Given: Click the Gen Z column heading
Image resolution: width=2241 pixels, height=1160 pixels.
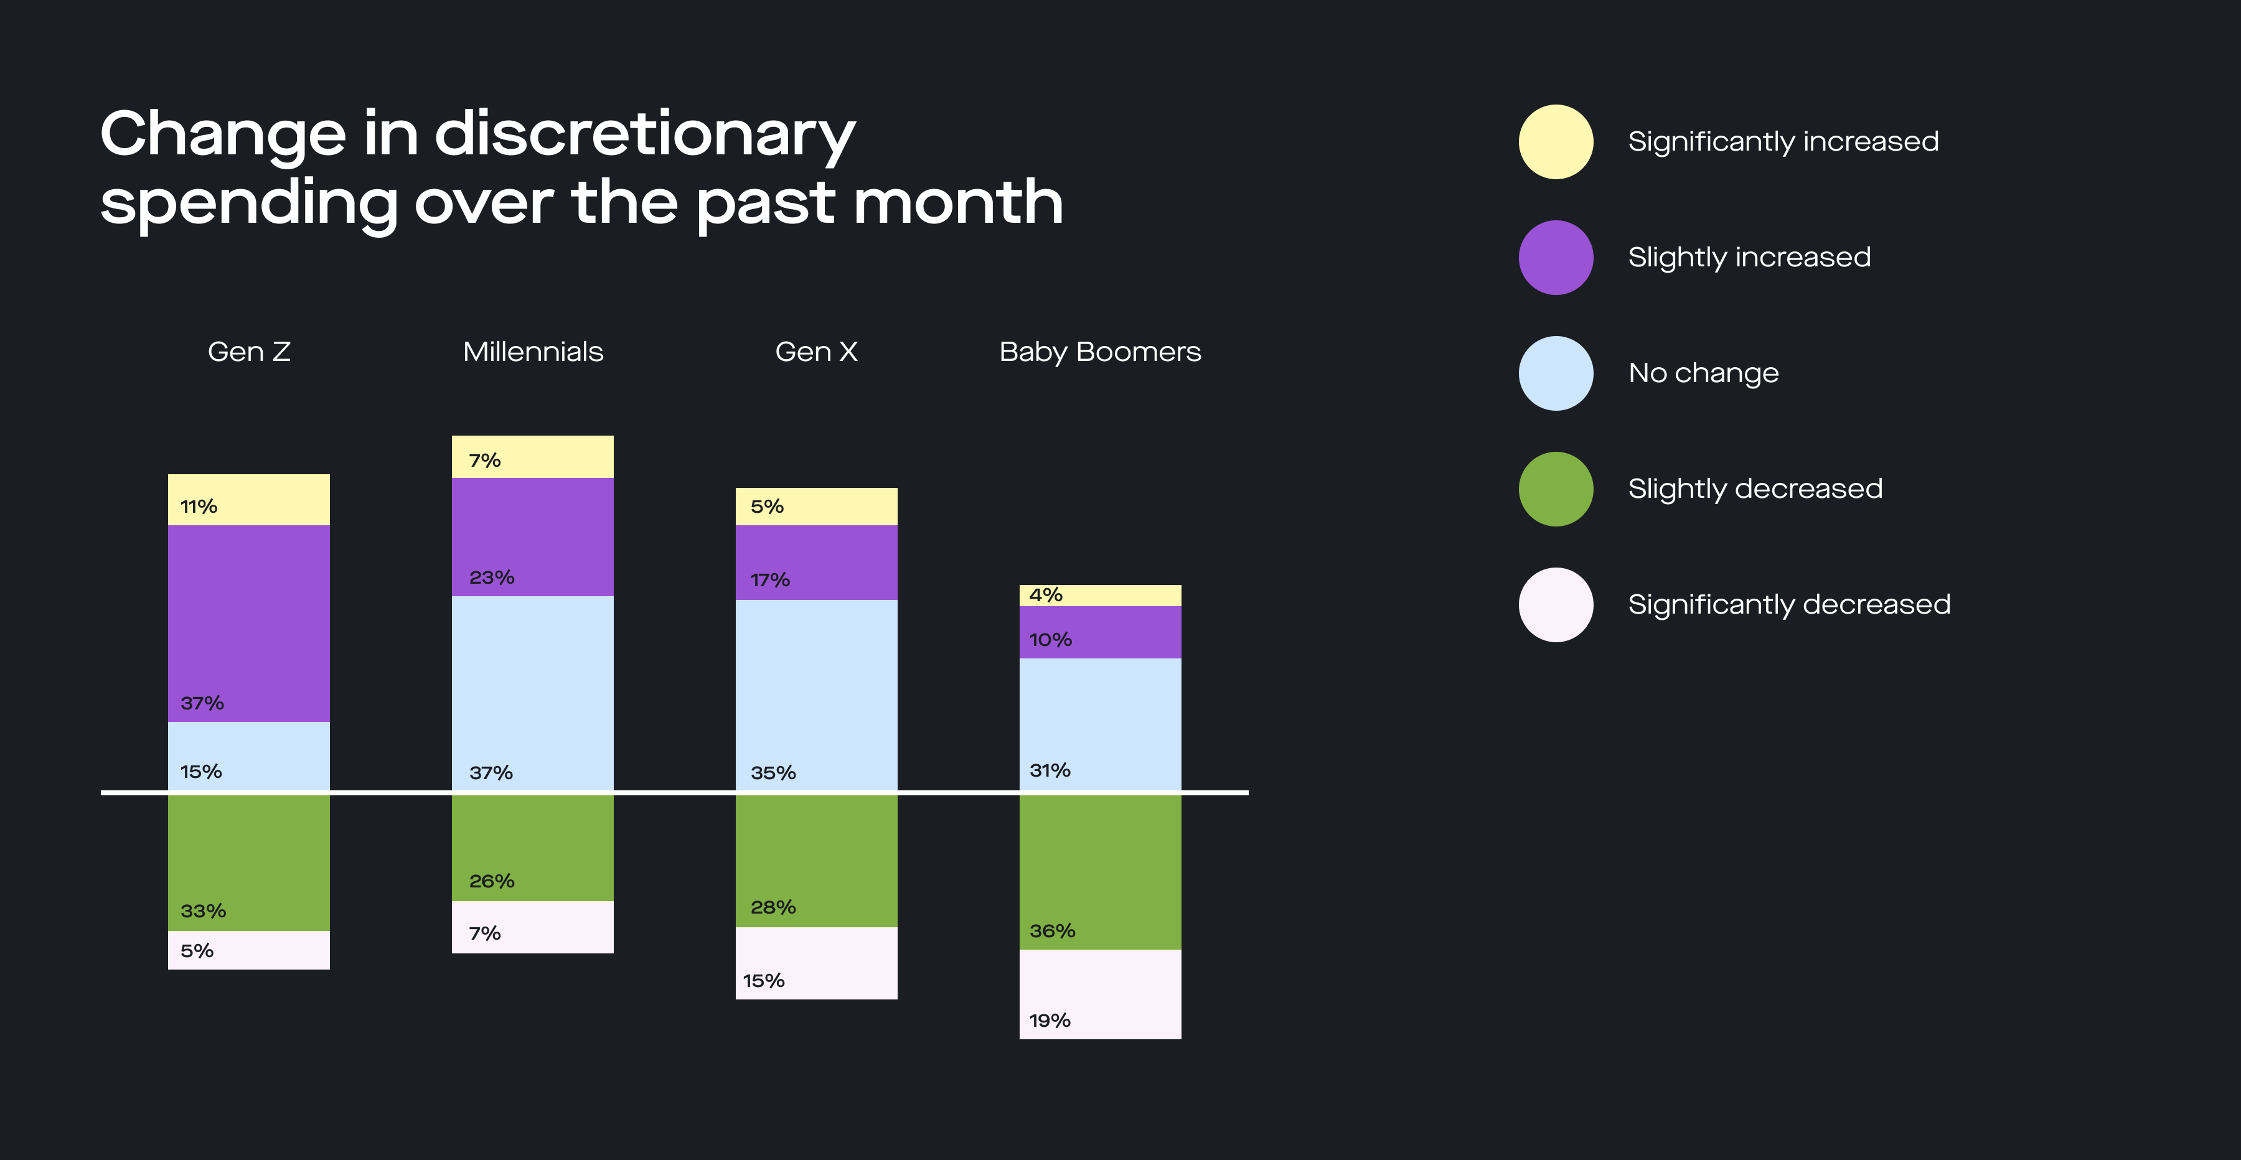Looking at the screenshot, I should point(249,352).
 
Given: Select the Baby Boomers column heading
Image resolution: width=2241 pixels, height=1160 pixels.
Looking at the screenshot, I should point(1099,352).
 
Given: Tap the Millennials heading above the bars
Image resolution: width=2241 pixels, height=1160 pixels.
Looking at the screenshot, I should point(532,352).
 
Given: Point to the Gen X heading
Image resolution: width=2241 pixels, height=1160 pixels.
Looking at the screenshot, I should point(816,352).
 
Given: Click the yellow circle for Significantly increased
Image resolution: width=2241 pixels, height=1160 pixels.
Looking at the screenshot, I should point(1556,142).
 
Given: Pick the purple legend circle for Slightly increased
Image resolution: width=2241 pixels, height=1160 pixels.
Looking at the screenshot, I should point(1556,258).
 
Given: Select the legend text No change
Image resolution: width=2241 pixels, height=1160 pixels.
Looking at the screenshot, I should point(1703,373).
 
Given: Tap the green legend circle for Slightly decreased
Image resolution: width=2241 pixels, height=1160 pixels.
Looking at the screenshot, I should point(1556,489).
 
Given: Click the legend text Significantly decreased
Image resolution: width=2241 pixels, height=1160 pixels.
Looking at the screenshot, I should point(1788,604).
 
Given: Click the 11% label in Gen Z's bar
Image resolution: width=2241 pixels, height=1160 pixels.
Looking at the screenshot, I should point(199,506).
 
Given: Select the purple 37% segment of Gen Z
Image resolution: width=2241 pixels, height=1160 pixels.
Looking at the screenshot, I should point(249,622).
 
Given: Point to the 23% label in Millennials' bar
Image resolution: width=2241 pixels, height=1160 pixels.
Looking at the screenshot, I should point(492,578).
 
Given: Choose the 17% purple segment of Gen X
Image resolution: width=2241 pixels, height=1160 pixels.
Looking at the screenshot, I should point(816,562).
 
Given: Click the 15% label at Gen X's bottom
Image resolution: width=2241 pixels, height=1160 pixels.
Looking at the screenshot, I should point(763,981).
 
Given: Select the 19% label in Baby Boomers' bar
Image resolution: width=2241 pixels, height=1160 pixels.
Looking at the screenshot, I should point(1049,1021).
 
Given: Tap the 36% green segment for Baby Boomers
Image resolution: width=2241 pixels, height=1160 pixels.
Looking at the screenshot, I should point(1099,871).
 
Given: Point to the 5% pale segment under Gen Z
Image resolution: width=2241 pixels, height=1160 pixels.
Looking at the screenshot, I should point(249,950).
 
